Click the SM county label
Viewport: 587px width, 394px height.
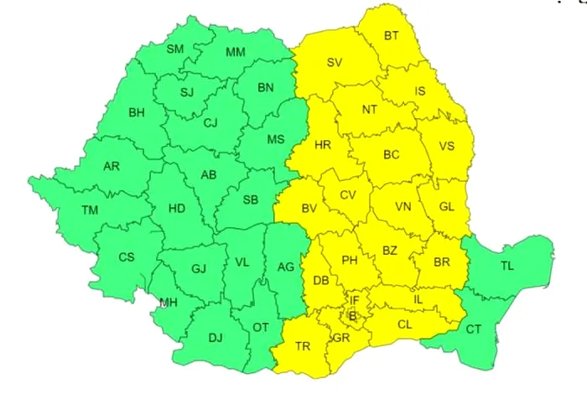coord(175,49)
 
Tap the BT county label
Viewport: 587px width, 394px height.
coord(392,35)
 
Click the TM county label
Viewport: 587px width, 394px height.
coord(90,210)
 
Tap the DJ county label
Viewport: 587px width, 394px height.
coord(216,338)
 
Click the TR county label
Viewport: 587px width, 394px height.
coord(303,346)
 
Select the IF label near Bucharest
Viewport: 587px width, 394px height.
coord(355,299)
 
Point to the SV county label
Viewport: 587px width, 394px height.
coord(335,63)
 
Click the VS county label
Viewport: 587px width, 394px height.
coord(447,146)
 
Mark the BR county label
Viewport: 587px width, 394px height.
coord(442,262)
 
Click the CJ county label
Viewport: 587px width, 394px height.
coord(210,122)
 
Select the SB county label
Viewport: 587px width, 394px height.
coord(250,200)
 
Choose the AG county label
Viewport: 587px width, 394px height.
coord(286,267)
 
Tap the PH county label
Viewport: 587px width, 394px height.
coord(350,260)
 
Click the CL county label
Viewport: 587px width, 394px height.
coord(405,324)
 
